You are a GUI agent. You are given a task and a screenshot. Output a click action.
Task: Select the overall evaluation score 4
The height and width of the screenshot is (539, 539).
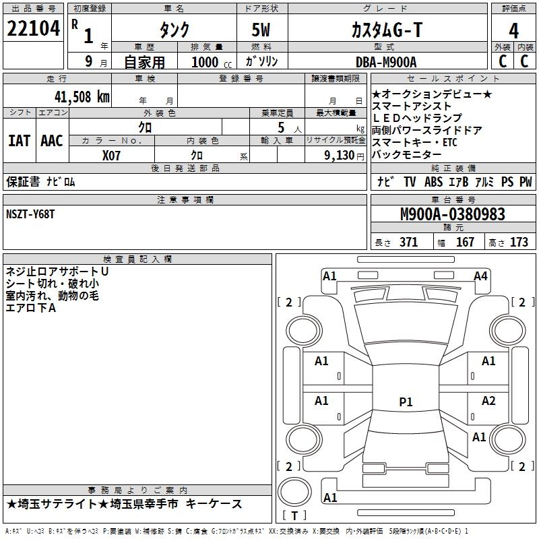(x=513, y=30)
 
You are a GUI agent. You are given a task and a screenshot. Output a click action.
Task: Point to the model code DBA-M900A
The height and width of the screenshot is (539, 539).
(x=386, y=62)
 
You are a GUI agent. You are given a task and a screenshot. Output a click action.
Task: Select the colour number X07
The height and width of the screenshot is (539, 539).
(x=111, y=155)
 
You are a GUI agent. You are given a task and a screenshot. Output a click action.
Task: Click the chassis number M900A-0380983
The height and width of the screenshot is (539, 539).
(x=453, y=214)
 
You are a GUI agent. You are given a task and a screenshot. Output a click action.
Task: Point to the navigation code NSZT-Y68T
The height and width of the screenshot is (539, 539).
(x=30, y=214)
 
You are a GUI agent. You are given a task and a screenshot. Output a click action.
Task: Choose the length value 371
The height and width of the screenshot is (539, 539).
(x=408, y=243)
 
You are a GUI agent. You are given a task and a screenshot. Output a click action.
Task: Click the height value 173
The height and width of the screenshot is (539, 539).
(x=519, y=243)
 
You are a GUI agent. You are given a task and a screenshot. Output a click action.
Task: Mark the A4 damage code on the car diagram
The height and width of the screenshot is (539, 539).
(x=480, y=276)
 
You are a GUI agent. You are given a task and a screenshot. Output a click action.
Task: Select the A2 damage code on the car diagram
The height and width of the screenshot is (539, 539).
(x=488, y=401)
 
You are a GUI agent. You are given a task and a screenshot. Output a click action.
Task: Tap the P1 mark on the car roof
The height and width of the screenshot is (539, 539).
(x=406, y=402)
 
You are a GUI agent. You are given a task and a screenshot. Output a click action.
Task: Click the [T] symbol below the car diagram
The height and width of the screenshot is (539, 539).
(x=294, y=515)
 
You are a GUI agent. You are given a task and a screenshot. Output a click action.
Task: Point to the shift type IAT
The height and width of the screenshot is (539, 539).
(x=19, y=140)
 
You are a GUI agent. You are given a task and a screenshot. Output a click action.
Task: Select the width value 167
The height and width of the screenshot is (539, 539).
(x=465, y=243)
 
